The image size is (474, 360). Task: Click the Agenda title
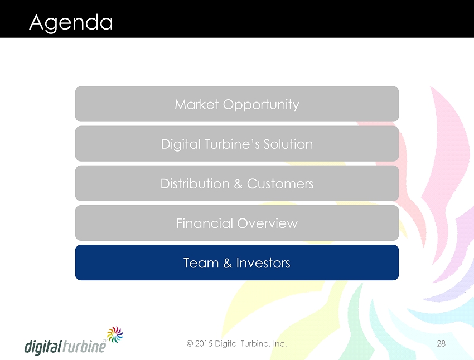point(71,23)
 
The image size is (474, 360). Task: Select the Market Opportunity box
point(237,104)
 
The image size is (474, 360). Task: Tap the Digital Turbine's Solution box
point(237,143)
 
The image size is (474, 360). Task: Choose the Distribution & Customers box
point(237,183)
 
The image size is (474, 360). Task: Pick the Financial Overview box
point(237,223)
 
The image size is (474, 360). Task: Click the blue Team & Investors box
point(237,262)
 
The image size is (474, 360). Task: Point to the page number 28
point(441,343)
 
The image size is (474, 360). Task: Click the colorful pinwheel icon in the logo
point(115,334)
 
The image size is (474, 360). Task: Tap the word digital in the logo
point(43,347)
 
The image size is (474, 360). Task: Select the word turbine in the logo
point(84,347)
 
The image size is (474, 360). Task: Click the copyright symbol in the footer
point(190,343)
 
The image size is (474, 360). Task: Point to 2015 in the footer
point(204,343)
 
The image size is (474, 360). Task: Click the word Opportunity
point(261,105)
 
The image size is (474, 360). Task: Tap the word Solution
point(288,144)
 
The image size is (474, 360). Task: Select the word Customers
point(280,184)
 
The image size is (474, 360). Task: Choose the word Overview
point(268,223)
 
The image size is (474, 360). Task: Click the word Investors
point(263,263)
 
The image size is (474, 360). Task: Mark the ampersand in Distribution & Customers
point(238,184)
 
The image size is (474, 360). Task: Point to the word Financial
point(205,223)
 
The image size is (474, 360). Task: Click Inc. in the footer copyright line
point(279,343)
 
